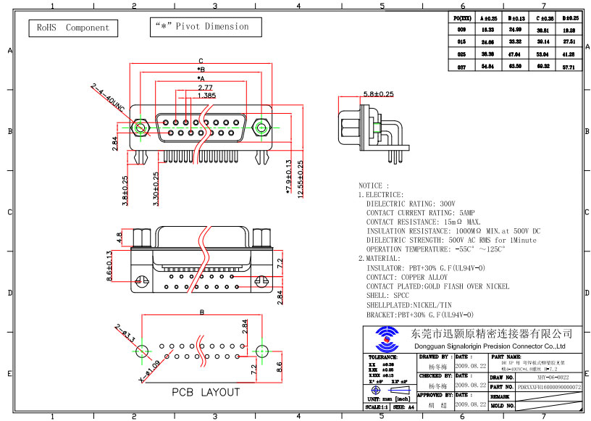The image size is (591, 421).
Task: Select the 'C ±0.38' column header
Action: (543, 17)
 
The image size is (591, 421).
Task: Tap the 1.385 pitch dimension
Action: (206, 95)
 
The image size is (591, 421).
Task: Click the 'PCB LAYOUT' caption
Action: (205, 392)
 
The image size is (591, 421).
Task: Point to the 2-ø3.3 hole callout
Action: (124, 335)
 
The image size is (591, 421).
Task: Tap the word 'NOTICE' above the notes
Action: (374, 186)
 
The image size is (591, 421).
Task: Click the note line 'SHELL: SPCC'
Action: (387, 296)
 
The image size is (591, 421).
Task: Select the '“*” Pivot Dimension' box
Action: (201, 27)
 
